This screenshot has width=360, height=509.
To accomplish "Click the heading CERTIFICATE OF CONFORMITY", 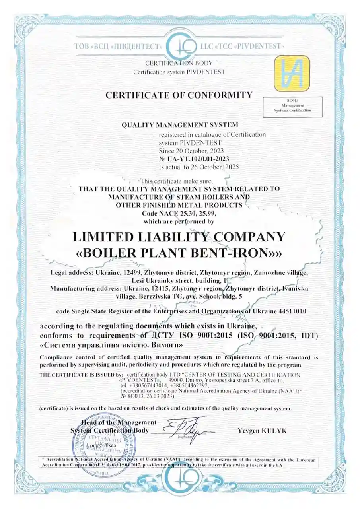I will (x=179, y=95).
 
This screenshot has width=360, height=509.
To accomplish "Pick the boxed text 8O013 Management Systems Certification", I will (x=292, y=107).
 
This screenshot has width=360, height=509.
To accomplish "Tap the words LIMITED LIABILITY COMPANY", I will (x=179, y=237).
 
